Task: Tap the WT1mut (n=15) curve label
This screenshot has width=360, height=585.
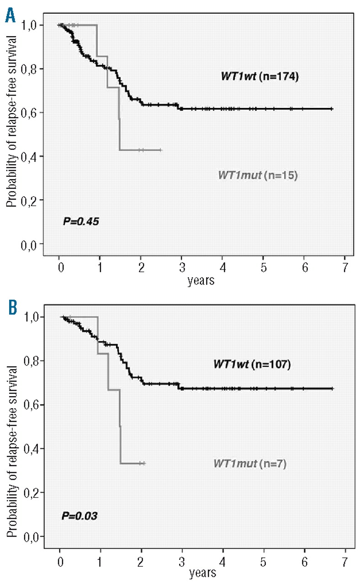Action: click(257, 175)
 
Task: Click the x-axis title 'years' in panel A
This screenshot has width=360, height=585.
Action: click(201, 281)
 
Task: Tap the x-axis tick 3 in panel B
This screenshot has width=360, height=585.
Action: click(182, 560)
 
